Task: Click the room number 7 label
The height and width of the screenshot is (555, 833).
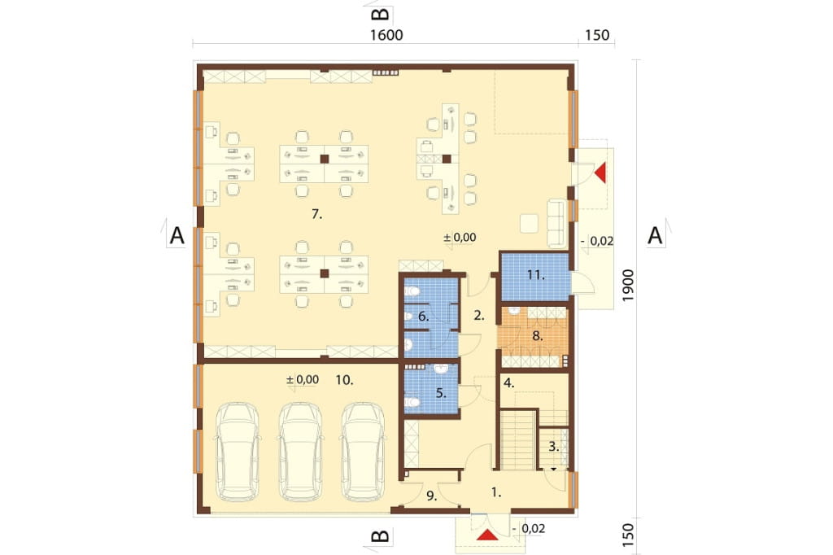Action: pos(316,214)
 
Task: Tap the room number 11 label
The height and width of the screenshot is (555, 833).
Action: pos(536,275)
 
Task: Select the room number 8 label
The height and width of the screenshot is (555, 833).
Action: pos(537,336)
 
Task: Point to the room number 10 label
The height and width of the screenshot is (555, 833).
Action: pos(344,380)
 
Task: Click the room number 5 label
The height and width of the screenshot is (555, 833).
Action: pos(440,393)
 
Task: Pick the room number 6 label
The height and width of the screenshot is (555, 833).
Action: pos(423,317)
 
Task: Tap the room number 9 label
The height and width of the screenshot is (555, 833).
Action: pos(431,496)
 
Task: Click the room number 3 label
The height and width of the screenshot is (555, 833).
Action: pos(553,447)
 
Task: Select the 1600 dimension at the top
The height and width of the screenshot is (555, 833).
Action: pos(386,35)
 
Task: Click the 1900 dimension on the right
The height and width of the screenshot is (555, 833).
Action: pos(628,286)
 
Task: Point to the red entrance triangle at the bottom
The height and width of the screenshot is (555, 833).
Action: pos(487,535)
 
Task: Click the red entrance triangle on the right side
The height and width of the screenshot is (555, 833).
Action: pos(600,173)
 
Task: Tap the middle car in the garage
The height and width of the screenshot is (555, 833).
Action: pos(301,452)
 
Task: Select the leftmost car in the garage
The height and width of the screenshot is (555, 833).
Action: pos(237,452)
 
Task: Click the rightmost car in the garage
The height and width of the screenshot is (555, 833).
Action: pos(364,452)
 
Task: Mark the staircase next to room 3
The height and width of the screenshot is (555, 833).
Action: pos(518,439)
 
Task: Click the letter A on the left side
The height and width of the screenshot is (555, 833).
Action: pos(177,235)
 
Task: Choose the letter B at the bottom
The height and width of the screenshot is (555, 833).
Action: pos(381,535)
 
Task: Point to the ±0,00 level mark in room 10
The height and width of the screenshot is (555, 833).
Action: pos(303,379)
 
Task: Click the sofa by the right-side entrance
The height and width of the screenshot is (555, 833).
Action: pos(557,223)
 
